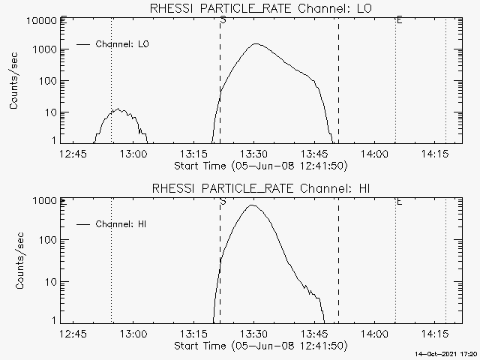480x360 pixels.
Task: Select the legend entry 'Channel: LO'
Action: click(x=123, y=44)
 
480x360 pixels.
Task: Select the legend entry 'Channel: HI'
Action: click(x=124, y=224)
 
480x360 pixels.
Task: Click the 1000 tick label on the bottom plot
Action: click(x=43, y=201)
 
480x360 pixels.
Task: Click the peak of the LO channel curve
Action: click(x=255, y=43)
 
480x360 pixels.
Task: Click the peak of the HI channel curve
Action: click(x=253, y=205)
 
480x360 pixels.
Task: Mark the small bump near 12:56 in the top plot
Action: click(x=118, y=110)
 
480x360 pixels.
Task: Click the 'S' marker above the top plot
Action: click(x=223, y=19)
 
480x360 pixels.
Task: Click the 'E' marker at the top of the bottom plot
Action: click(x=399, y=201)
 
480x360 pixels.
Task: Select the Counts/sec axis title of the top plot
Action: click(x=14, y=81)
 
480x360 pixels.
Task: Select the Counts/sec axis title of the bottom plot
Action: click(x=14, y=261)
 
